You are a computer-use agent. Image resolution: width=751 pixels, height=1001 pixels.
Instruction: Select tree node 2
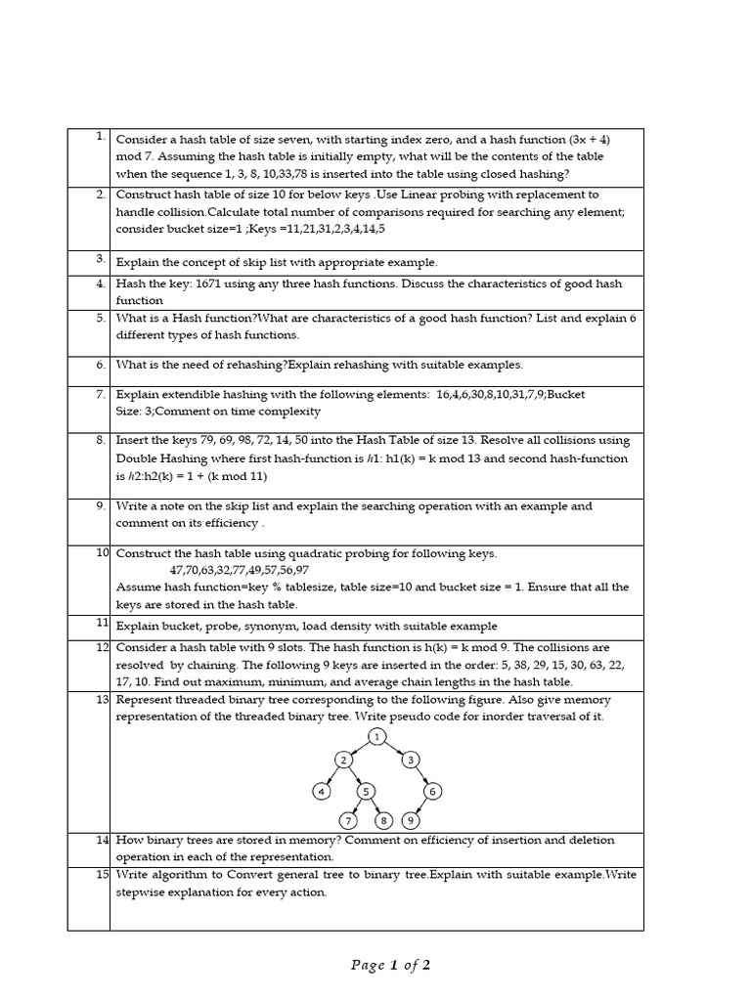coord(343,760)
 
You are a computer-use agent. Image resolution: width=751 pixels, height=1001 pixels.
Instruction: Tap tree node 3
coord(412,760)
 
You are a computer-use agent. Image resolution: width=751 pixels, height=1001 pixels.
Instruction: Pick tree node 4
coord(320,791)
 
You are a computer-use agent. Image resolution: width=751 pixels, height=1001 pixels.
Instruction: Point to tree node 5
coord(366,791)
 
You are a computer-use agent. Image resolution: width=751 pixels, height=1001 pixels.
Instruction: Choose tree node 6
coord(434,791)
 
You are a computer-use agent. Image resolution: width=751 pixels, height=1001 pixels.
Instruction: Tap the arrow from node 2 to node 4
coord(331,776)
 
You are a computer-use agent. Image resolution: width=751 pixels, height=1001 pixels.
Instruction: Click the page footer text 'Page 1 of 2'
coord(390,966)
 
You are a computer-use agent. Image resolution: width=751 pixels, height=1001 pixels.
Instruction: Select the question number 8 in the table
coord(101,440)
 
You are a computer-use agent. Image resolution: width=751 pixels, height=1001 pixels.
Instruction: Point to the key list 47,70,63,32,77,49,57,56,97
coord(240,570)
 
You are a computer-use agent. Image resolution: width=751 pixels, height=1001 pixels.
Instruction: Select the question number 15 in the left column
coord(102,874)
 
